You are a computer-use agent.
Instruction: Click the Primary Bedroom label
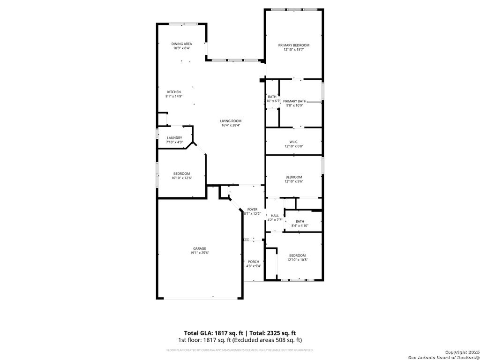tap(294, 45)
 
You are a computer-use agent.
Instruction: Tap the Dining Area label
tap(181, 44)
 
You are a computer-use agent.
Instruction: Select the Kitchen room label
tap(174, 92)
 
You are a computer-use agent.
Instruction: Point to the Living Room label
tap(231, 121)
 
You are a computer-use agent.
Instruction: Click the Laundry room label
tap(174, 137)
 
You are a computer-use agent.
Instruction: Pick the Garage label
tap(200, 248)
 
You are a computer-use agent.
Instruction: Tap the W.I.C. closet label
tap(294, 142)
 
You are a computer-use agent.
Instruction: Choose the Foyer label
tap(253, 210)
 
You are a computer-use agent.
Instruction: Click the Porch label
tap(254, 262)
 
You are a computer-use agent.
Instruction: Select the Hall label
tap(275, 216)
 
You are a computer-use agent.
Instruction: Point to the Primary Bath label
tap(295, 101)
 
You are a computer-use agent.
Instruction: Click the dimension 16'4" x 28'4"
tap(231, 125)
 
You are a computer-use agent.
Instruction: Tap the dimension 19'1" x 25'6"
tap(200, 253)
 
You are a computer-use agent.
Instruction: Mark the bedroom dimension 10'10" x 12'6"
tap(182, 178)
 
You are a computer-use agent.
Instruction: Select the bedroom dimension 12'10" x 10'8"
tap(297, 260)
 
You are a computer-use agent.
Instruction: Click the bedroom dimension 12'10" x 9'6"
tap(294, 181)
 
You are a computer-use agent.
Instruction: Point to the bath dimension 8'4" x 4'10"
tap(300, 226)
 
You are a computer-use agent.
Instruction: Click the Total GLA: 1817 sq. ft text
tap(210, 332)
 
